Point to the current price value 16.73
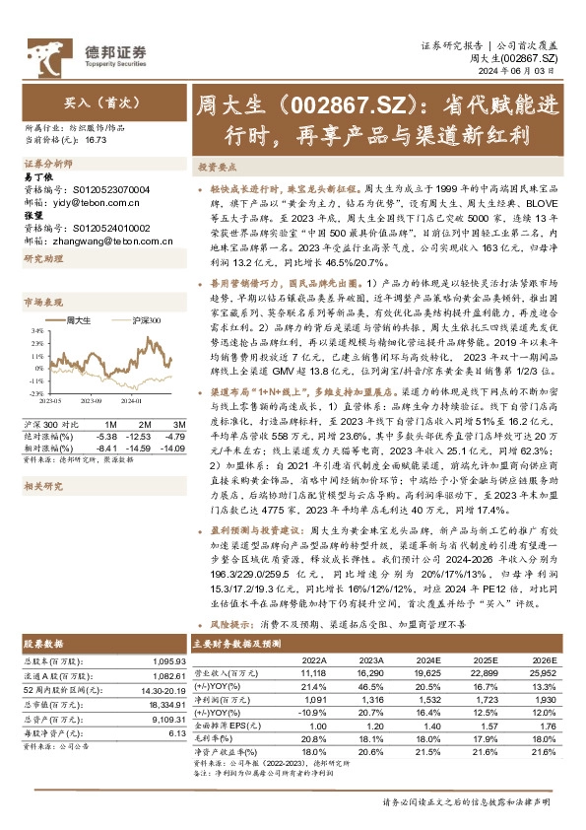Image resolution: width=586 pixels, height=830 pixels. (x=96, y=141)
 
